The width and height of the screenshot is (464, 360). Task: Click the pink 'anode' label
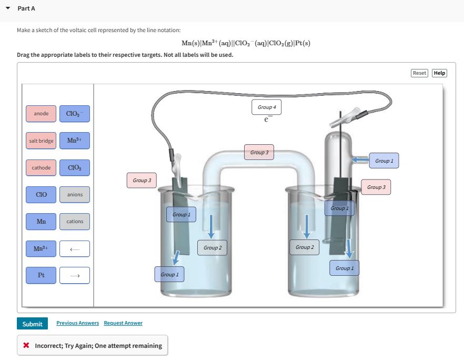coord(41,114)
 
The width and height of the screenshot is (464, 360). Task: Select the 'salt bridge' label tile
coord(41,141)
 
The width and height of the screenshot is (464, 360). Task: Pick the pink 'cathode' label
coord(41,168)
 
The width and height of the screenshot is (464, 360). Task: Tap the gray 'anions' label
coord(75,195)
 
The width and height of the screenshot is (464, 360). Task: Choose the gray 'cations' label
coord(75,222)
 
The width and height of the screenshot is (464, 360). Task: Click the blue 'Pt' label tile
coord(41,275)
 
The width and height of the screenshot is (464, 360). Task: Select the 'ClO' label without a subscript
coord(41,195)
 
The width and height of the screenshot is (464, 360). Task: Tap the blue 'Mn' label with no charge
coord(41,222)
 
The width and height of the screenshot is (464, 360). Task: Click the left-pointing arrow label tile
coord(75,248)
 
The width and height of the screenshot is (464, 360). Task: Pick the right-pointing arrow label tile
coord(75,275)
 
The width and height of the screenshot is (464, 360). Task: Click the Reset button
coord(419,73)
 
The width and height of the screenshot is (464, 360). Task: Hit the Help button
coord(439,73)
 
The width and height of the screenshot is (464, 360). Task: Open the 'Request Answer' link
coord(123,323)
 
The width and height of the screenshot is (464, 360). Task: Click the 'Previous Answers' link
coord(77,323)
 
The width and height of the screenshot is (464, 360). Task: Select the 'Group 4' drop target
coord(267,107)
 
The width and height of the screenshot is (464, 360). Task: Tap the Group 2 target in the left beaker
coord(213,248)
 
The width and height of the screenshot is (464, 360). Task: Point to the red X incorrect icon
coord(26,346)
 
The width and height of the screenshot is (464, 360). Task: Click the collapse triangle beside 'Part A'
coord(8,8)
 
